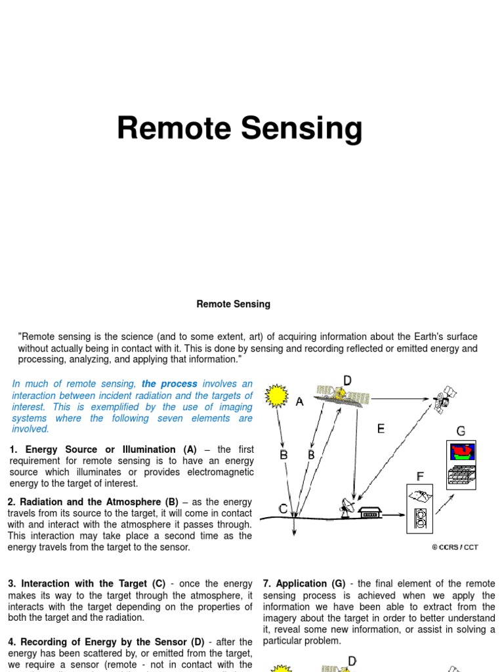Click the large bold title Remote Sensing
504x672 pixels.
240,129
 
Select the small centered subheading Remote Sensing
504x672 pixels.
233,304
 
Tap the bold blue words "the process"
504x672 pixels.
169,384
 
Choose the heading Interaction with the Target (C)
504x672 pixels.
93,583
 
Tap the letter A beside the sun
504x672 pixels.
299,402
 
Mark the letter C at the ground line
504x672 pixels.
283,508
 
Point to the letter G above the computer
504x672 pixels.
461,431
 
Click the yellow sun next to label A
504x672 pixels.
277,396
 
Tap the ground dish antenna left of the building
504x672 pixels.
346,507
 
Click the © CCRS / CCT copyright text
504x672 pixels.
455,547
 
